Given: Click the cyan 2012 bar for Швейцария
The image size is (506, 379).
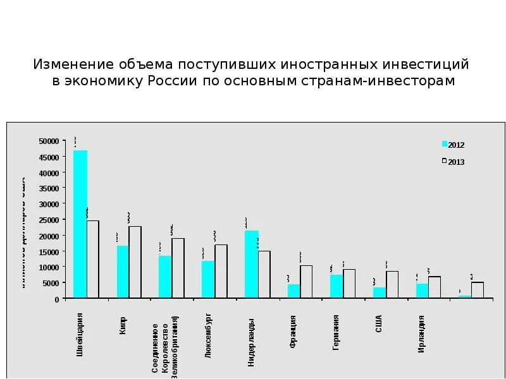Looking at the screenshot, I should (80, 224).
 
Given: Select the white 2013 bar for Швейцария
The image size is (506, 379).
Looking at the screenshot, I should (93, 259).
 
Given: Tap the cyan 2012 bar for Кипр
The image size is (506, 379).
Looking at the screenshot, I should (123, 272).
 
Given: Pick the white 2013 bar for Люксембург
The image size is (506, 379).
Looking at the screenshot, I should (221, 271).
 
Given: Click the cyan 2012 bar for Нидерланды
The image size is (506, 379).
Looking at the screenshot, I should (251, 264).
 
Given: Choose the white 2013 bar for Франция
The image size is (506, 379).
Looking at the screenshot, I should (306, 282).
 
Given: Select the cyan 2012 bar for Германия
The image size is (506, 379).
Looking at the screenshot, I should (336, 286).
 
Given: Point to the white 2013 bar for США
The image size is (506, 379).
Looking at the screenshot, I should (392, 284).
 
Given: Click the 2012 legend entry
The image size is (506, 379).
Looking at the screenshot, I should (453, 145).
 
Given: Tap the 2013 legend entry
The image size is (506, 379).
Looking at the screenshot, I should (453, 162).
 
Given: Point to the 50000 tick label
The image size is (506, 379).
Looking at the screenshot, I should (49, 141).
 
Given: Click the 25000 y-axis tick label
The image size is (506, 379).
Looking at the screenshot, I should (49, 220).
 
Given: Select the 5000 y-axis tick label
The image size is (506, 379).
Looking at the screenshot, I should (51, 283).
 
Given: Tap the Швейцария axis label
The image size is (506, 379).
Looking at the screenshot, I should (80, 335).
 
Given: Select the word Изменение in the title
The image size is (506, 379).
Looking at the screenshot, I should (73, 64).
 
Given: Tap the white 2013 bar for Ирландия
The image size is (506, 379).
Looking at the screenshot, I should (435, 287).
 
